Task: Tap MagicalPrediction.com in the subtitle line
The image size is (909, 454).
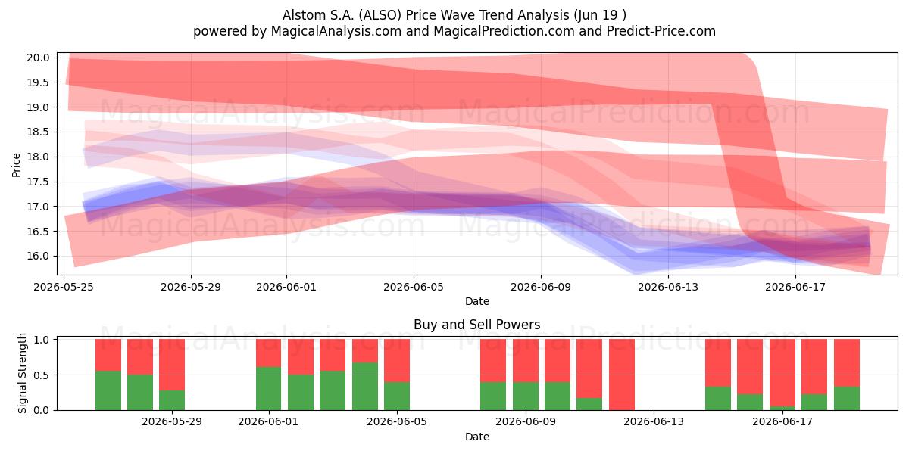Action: pos(504,31)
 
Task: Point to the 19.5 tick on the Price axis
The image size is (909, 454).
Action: pos(38,82)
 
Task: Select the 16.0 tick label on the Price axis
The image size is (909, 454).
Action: pos(38,257)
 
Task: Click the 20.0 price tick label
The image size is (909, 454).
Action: pos(38,58)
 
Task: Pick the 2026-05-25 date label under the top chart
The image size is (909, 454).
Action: pos(64,287)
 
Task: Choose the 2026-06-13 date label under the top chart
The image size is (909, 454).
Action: pos(668,287)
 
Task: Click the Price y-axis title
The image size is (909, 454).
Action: pos(16,165)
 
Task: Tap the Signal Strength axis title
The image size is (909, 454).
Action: pos(22,373)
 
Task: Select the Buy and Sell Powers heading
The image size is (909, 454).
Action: pos(476,325)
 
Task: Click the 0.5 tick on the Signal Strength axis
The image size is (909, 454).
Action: pos(42,375)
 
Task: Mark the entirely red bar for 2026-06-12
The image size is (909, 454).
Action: pos(622,375)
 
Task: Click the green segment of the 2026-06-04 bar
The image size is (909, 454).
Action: pos(365,387)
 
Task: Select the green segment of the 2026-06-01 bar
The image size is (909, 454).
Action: pos(268,389)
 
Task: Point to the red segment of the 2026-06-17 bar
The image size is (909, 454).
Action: pos(782,373)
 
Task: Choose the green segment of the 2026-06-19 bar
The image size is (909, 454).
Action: pos(847,399)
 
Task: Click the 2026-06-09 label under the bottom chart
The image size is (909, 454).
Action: pos(526,422)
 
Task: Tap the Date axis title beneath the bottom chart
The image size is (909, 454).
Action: pos(476,437)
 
